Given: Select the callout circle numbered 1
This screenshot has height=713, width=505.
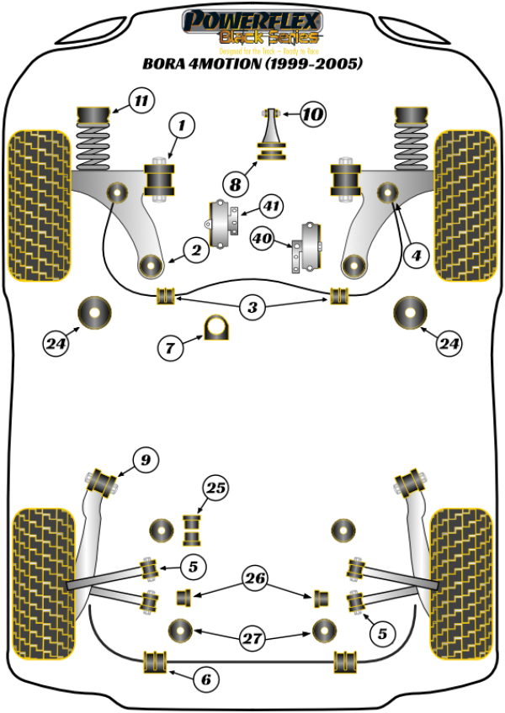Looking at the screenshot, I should [179, 127].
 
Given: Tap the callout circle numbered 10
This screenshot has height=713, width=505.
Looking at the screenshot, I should [312, 114].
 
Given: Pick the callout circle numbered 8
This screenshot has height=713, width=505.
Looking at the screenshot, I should [234, 182].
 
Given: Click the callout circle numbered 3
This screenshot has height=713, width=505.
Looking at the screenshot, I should [252, 308].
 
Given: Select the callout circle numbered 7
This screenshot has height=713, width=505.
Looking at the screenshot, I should [170, 346].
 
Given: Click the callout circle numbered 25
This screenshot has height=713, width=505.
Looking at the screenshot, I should [216, 488].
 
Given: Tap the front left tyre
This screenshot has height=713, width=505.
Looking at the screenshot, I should [39, 205].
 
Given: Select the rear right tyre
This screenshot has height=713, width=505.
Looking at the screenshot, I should [462, 562].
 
